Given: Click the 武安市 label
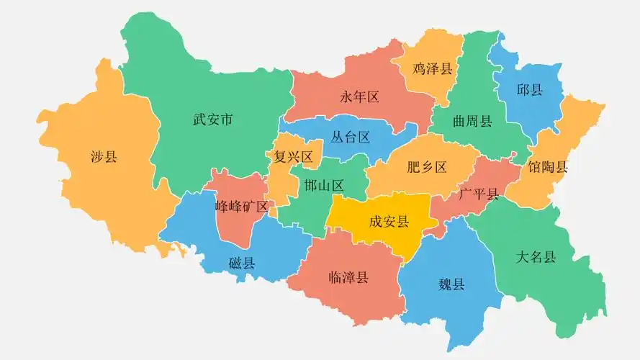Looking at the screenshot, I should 212,120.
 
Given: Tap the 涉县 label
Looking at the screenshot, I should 104,157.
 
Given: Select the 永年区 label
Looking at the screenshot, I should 359,96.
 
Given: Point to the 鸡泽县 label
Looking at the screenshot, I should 433,68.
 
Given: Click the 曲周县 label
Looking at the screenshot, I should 472,120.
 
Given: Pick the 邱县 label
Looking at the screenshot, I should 529,90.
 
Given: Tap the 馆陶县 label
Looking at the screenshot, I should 547,167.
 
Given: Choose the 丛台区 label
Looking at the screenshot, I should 350,137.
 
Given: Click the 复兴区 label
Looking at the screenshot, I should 294,156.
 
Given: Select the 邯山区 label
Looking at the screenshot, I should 323,185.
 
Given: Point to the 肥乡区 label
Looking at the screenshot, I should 427,167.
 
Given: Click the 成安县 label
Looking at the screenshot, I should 389,221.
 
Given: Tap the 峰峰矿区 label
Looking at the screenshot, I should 242,207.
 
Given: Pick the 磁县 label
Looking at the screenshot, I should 242,263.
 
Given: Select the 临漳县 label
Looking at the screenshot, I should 348,277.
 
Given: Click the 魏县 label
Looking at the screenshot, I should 451,284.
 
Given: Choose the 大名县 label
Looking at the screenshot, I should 536,257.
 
